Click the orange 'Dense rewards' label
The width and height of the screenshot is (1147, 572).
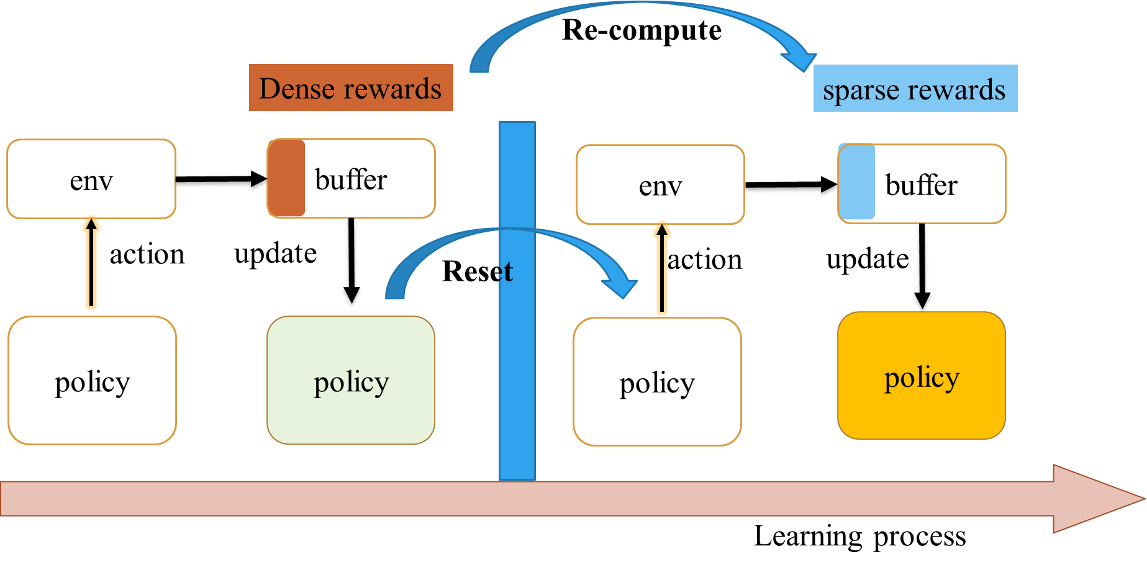[x=351, y=88]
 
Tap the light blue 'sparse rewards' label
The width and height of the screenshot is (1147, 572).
[x=915, y=88]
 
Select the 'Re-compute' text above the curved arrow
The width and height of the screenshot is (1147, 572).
[x=642, y=30]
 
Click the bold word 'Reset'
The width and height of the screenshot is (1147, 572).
[x=478, y=271]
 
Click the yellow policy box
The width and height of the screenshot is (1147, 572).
[x=922, y=376]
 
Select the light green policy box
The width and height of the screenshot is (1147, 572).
[x=351, y=380]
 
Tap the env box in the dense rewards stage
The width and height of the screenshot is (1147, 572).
[x=91, y=179]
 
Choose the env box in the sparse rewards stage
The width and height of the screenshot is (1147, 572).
[x=660, y=184]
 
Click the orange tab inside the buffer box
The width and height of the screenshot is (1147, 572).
[x=286, y=178]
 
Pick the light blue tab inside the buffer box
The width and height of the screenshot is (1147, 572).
[x=856, y=181]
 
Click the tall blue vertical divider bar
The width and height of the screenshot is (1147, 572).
[x=517, y=301]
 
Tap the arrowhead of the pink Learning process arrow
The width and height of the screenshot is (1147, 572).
[x=1099, y=499]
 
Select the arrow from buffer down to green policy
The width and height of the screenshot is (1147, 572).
[x=351, y=260]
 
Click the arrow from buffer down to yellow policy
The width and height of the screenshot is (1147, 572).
[x=922, y=266]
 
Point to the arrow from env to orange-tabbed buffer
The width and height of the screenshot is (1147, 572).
[x=222, y=179]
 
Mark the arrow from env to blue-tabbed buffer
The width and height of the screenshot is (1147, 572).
[x=792, y=184]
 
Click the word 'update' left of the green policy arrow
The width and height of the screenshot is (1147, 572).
[x=276, y=253]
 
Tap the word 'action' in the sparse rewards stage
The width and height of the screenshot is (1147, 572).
[x=705, y=260]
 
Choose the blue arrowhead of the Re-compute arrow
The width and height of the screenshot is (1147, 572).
[x=800, y=60]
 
